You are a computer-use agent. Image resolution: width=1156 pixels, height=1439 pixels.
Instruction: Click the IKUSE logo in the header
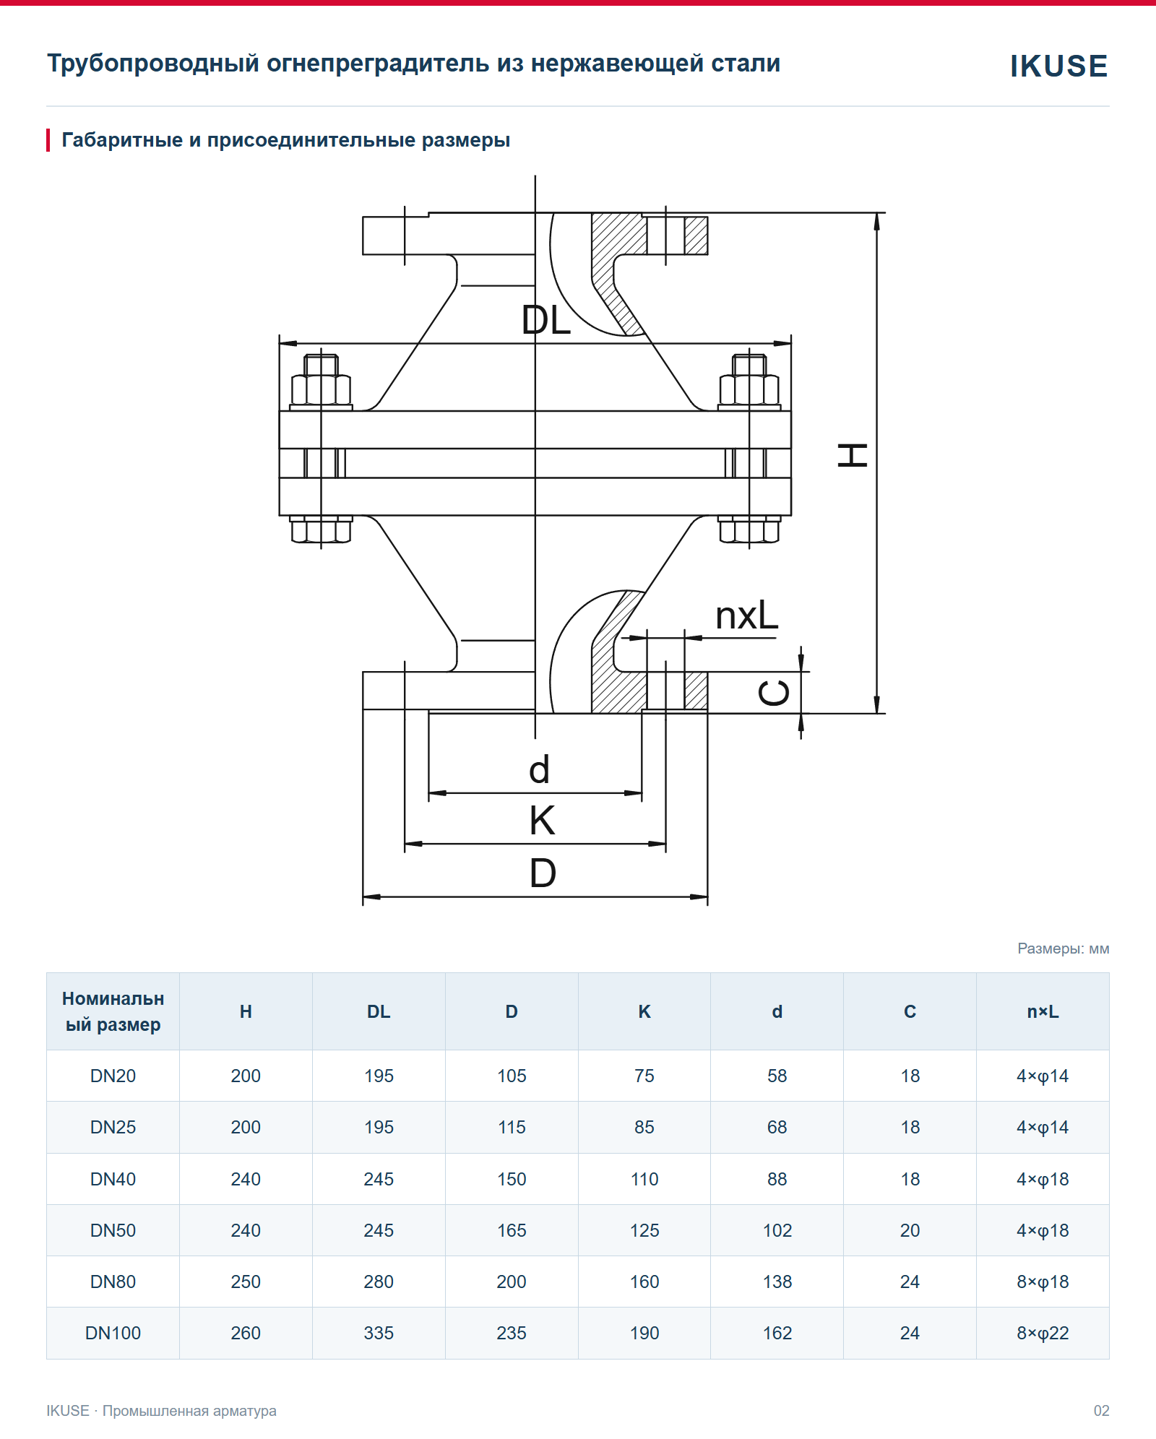(x=1058, y=66)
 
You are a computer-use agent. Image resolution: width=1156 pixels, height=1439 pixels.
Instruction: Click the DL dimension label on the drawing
(x=546, y=320)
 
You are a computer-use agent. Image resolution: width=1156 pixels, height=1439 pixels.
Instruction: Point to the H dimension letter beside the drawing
(x=853, y=456)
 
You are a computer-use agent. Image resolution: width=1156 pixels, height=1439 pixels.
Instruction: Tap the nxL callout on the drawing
(x=747, y=616)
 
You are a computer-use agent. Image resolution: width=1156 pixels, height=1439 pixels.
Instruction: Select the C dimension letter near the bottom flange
(x=774, y=693)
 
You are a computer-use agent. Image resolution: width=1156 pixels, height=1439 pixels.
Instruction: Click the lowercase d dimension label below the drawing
(x=540, y=769)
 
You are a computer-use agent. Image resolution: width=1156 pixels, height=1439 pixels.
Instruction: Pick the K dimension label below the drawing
(x=542, y=821)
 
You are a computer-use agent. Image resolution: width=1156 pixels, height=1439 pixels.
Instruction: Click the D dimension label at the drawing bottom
(x=543, y=873)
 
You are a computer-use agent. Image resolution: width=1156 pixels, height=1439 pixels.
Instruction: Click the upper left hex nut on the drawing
(x=322, y=390)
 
